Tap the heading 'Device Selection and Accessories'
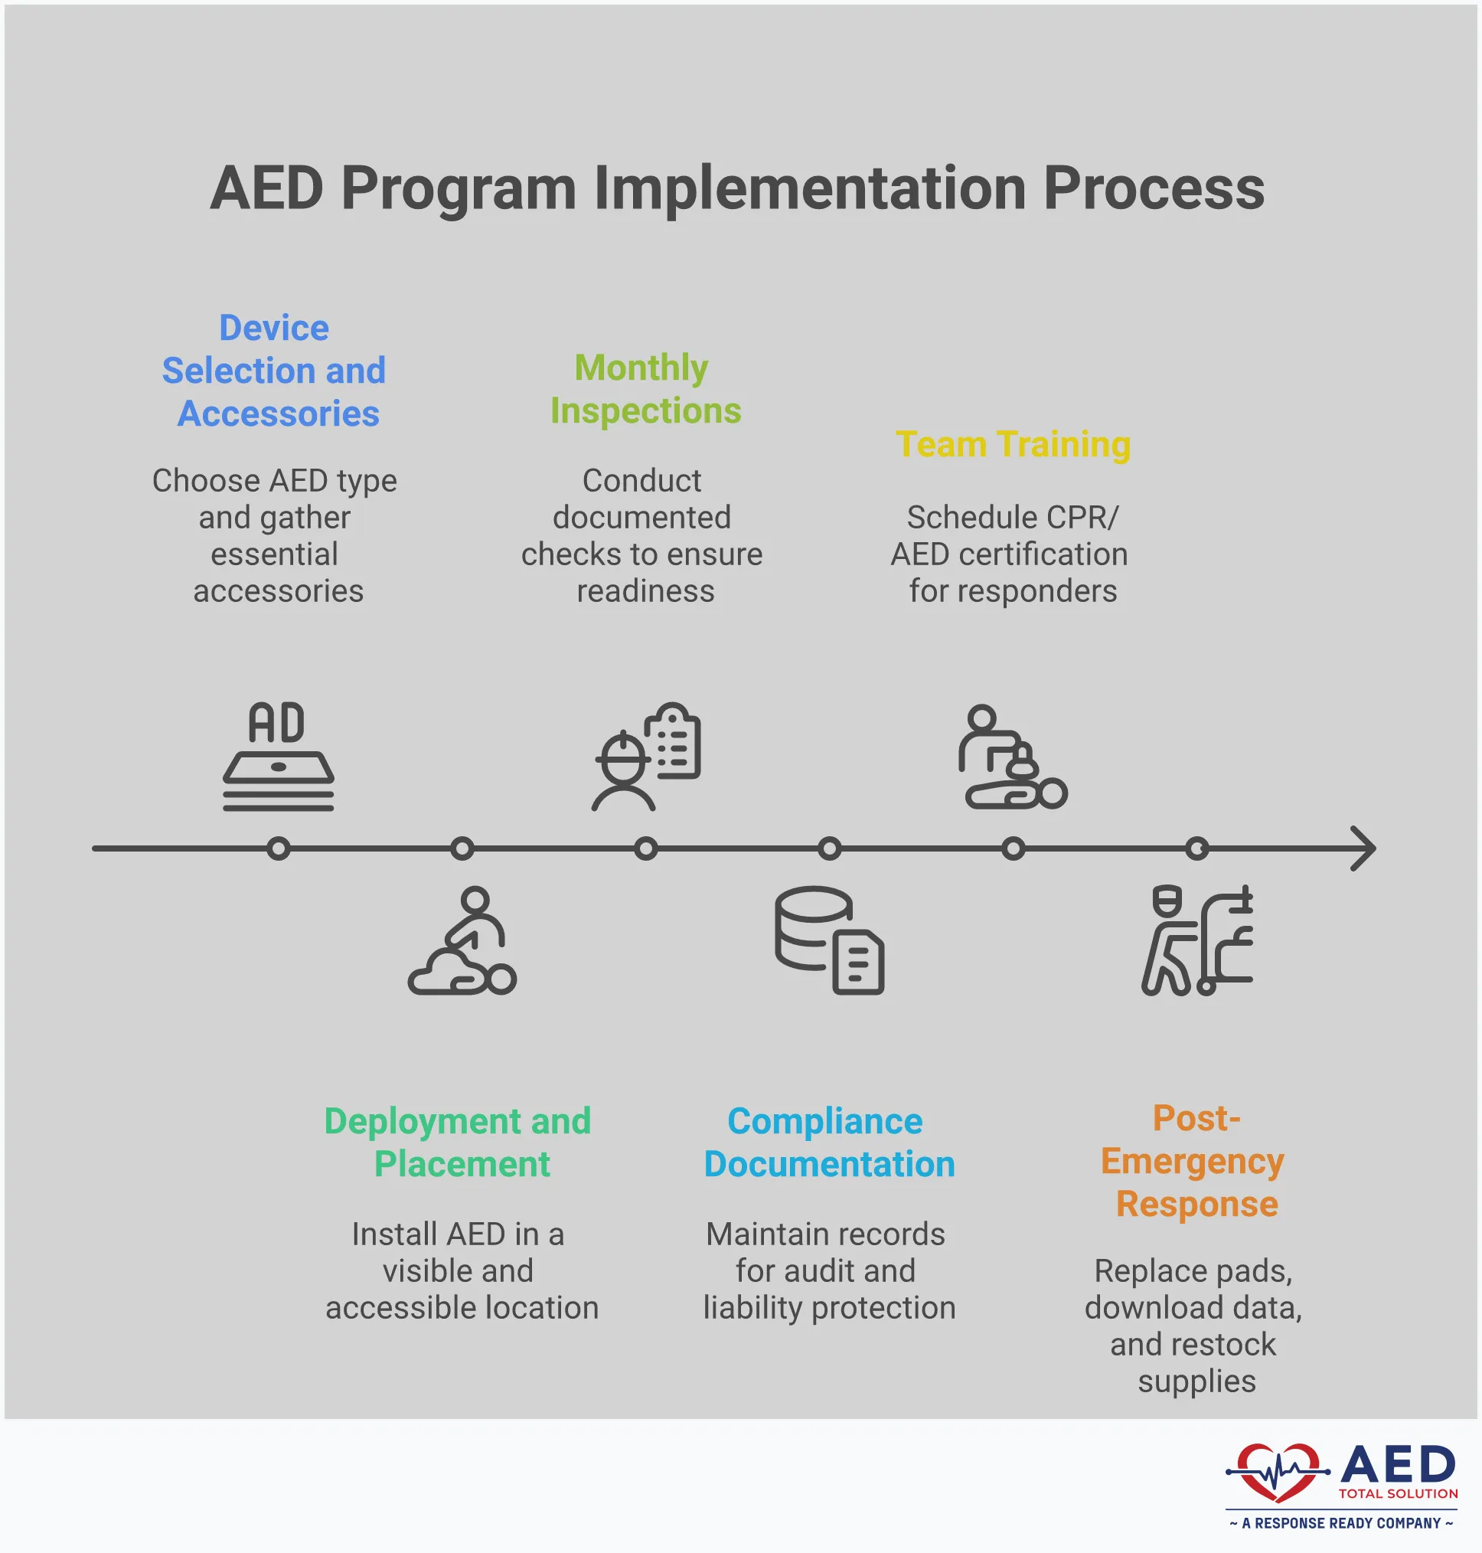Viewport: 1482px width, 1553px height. [274, 371]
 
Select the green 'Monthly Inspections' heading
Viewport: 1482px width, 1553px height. [645, 389]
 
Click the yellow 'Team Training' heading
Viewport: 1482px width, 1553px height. [1013, 444]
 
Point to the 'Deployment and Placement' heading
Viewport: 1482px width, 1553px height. [459, 1142]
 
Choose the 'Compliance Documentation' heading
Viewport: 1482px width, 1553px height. [829, 1142]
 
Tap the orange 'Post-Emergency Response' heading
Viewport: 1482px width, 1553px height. [1195, 1161]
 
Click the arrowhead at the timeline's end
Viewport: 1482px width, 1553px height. [1363, 848]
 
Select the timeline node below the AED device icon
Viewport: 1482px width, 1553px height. [278, 848]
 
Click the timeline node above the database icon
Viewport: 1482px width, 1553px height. [829, 848]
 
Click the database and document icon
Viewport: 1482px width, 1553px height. [829, 940]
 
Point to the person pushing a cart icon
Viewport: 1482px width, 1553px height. [1196, 940]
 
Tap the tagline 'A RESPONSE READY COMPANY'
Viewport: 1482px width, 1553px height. [1340, 1523]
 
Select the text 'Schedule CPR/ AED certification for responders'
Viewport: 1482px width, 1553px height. [1011, 554]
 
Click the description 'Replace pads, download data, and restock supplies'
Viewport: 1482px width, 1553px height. [1194, 1326]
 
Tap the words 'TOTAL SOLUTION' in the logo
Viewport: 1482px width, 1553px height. [1397, 1494]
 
